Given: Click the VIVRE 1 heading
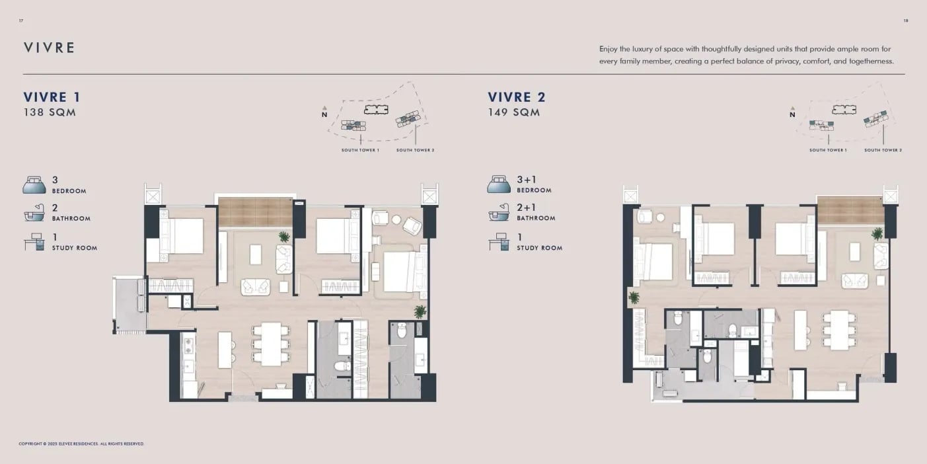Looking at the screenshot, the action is tap(52, 97).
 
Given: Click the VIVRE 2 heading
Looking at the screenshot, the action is tap(517, 97).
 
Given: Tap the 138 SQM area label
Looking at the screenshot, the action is tap(50, 112).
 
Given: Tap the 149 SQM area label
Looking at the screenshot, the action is tap(514, 112).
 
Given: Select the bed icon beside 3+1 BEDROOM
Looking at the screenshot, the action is tap(499, 184).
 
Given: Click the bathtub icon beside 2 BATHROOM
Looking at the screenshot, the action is tap(34, 212).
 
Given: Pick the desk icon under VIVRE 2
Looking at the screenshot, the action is tap(498, 242).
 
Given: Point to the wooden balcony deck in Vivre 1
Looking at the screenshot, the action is tap(255, 212).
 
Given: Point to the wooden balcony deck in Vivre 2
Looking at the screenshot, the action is tap(850, 210).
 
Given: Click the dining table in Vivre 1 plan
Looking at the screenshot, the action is tap(271, 344).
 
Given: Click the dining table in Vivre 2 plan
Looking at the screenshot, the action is tap(839, 330).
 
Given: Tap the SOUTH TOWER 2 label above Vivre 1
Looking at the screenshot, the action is tap(416, 150).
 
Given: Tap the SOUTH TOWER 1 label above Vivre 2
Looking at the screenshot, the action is tap(828, 150).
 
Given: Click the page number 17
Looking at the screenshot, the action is tap(21, 20).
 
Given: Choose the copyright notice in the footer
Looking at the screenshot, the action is tap(81, 444).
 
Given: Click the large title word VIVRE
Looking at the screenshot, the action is tap(50, 48).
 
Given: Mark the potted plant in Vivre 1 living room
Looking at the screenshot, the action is tap(284, 237).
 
